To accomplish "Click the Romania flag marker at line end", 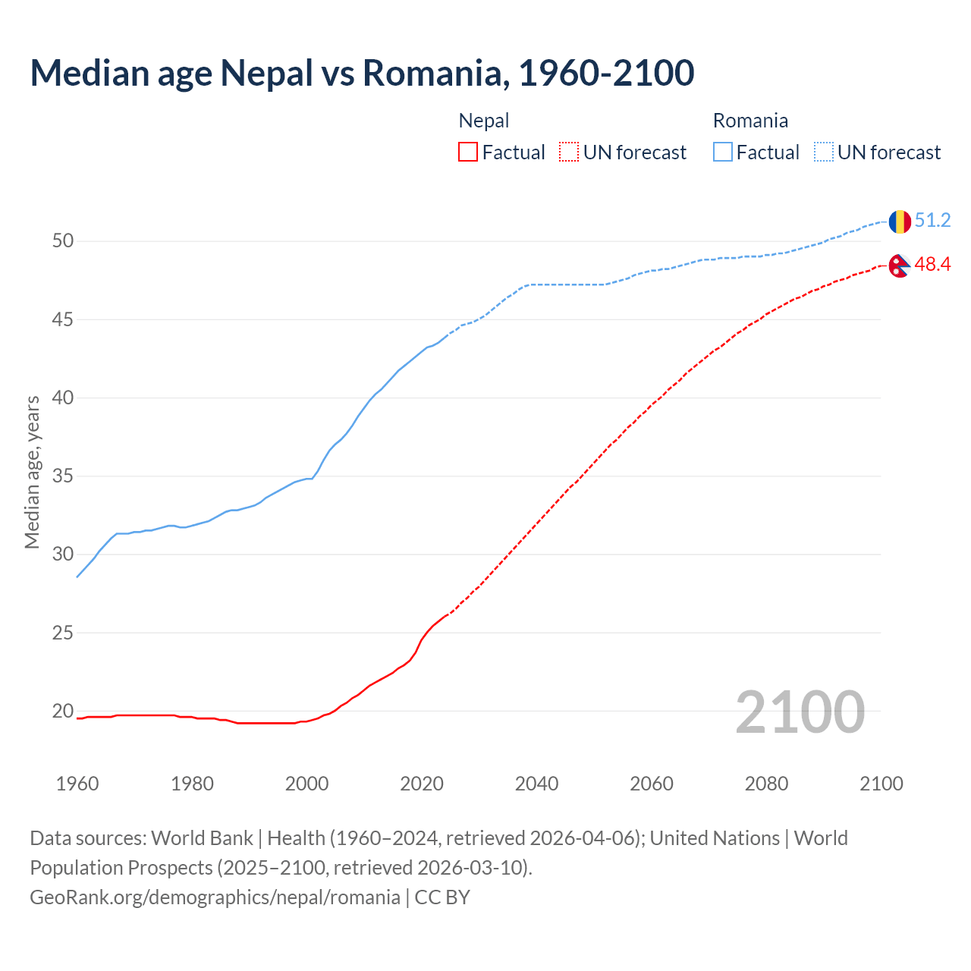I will coord(900,222).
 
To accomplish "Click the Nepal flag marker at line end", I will coord(900,266).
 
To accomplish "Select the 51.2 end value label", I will coord(932,221).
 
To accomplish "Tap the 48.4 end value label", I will coord(932,265).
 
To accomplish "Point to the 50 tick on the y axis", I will coord(63,241).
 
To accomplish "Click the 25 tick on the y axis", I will coord(63,633).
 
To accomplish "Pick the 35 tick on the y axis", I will coord(63,476).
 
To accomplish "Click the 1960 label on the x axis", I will coord(77,784).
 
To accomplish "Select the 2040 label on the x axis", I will coord(536,784).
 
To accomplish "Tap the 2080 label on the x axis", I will coord(766,784).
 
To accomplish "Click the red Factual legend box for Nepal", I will coord(468,152).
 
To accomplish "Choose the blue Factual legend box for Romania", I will coord(723,152).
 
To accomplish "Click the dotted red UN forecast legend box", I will coord(569,152).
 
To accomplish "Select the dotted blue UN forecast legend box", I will coord(824,152).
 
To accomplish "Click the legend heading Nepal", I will coord(484,121).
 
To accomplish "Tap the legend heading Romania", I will coord(750,121).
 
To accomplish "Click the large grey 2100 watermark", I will coord(800,712).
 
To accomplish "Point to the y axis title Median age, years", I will coord(32,472).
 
